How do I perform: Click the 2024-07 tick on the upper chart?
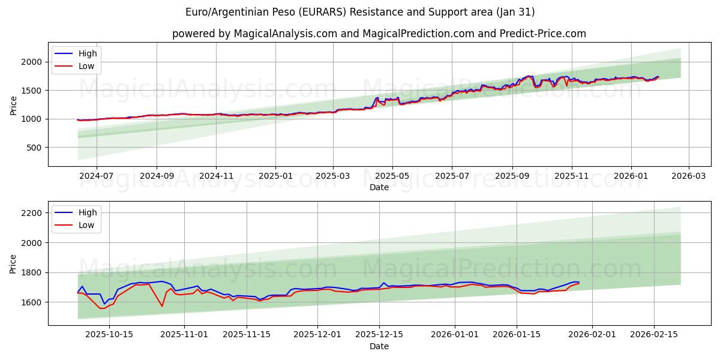96,176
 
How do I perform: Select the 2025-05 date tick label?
392,176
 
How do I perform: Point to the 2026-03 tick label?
688,176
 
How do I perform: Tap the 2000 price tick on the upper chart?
32,62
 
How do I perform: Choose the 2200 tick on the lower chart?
32,213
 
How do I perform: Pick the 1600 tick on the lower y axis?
32,302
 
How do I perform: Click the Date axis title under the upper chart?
379,187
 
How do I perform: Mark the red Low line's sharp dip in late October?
162,306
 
